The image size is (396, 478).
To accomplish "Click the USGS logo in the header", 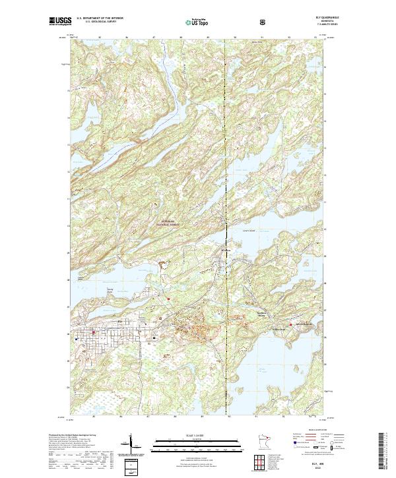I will [60, 21].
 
